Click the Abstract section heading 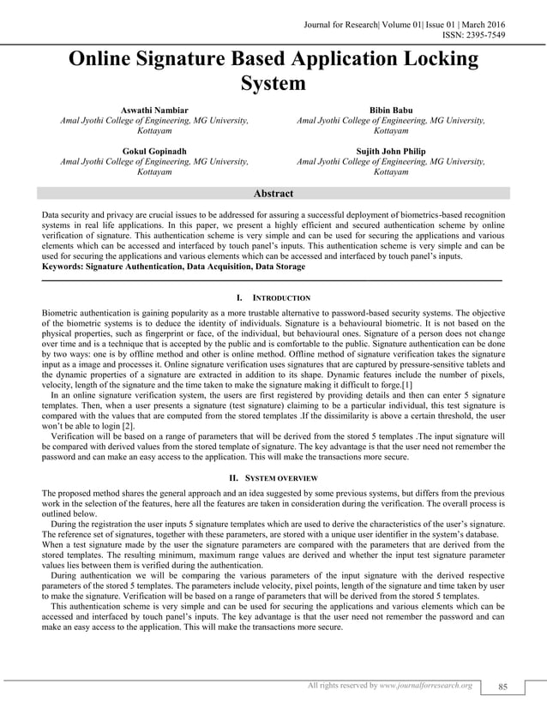coord(273,194)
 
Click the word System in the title coord(273,85)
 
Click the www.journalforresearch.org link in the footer coord(425,686)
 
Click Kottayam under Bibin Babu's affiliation coord(390,133)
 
